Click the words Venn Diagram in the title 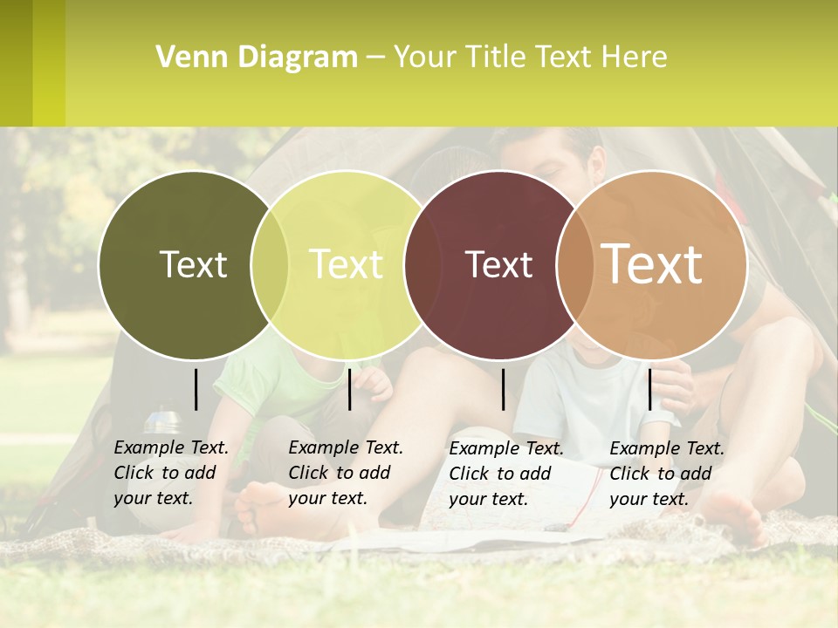pyautogui.click(x=257, y=58)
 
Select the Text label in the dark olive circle pyautogui.click(x=193, y=264)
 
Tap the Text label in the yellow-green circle pyautogui.click(x=347, y=264)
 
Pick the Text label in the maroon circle pyautogui.click(x=498, y=264)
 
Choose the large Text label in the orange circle pyautogui.click(x=652, y=263)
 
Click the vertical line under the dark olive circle pyautogui.click(x=196, y=389)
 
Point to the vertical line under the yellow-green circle pyautogui.click(x=349, y=389)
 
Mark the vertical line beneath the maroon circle pyautogui.click(x=504, y=389)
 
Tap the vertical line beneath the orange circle pyautogui.click(x=649, y=389)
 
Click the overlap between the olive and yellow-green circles pyautogui.click(x=270, y=264)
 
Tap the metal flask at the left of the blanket pyautogui.click(x=161, y=420)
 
